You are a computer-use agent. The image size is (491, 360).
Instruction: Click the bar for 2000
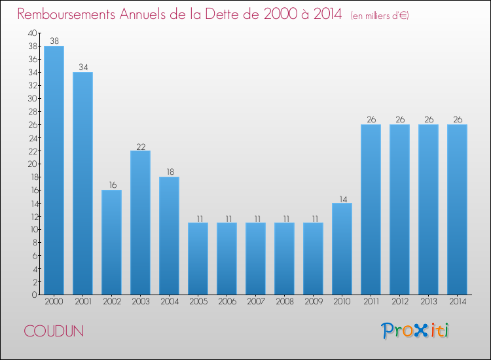[x=54, y=170]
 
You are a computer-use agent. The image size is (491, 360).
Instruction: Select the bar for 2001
[x=82, y=183]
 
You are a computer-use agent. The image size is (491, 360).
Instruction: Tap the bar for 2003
[x=140, y=223]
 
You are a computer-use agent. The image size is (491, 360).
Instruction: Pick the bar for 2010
[x=342, y=249]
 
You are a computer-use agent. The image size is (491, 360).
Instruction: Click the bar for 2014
[x=457, y=209]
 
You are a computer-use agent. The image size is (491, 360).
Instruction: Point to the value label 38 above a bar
[x=54, y=41]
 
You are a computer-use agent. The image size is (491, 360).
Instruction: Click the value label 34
[x=82, y=67]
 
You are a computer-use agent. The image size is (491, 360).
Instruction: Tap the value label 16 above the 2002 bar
[x=111, y=185]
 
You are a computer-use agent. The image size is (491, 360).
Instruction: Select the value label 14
[x=342, y=198]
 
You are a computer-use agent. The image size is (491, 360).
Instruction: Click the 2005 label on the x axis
[x=198, y=302]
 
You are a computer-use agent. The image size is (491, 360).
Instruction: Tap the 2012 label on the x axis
[x=399, y=302]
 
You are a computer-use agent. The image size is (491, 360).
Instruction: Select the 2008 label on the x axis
[x=284, y=302]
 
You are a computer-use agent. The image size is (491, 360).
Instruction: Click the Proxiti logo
[x=416, y=331]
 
